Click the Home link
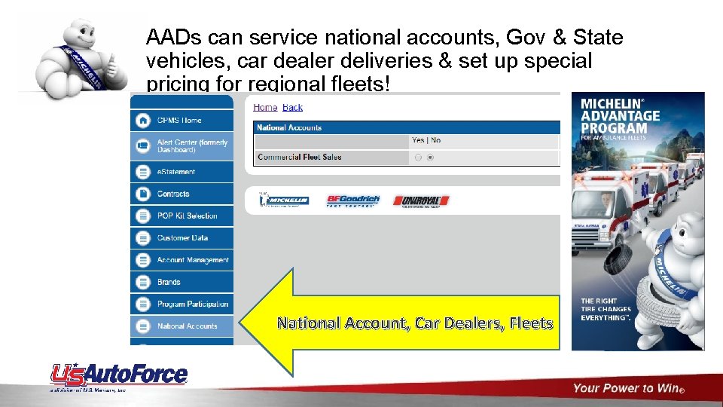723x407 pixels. (265, 108)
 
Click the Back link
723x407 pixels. (292, 108)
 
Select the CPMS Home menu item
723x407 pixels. (179, 120)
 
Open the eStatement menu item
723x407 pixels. (176, 172)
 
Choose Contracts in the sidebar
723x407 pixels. (173, 194)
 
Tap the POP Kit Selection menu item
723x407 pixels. (187, 216)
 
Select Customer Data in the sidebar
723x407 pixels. (182, 237)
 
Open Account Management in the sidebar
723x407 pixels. (193, 260)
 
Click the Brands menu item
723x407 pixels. (169, 282)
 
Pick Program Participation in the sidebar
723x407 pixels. (193, 304)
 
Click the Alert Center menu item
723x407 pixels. (192, 145)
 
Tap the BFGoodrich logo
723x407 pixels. (352, 200)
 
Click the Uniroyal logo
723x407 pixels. (420, 200)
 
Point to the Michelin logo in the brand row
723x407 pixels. (284, 200)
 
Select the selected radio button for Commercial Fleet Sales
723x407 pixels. (430, 158)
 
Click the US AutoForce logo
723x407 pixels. (119, 375)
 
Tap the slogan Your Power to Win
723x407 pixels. (628, 388)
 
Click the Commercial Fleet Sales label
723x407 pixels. (300, 157)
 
